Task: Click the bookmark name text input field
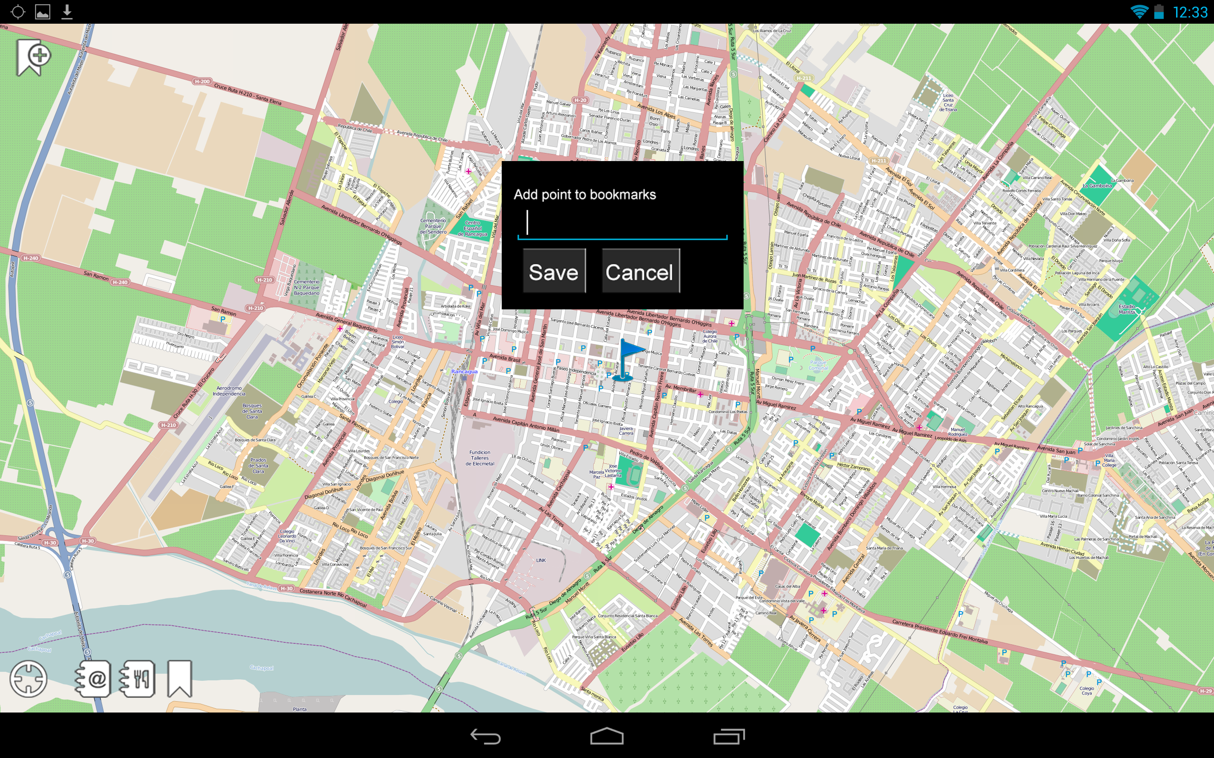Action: click(x=622, y=223)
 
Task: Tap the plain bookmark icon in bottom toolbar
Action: click(x=180, y=678)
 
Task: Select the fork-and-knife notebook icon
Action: click(x=137, y=679)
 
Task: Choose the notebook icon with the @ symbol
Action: click(x=93, y=679)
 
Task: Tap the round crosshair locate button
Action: click(x=28, y=679)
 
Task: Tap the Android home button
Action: click(x=607, y=736)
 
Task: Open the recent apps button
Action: click(x=729, y=736)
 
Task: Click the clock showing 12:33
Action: click(x=1190, y=12)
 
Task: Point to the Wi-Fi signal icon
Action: click(x=1139, y=11)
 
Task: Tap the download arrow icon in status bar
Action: click(x=67, y=11)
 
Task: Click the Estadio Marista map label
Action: click(x=1127, y=309)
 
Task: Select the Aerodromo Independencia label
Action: click(x=229, y=390)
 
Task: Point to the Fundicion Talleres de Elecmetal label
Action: click(x=479, y=458)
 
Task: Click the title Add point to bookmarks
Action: click(x=584, y=195)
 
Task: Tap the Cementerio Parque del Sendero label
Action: click(x=433, y=226)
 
